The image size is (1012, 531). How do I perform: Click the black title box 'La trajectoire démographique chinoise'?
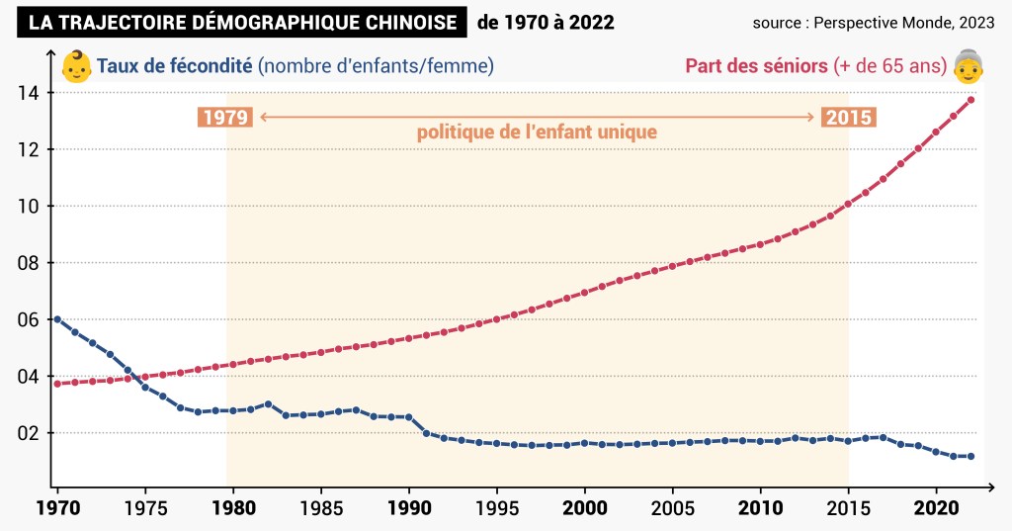[x=242, y=22]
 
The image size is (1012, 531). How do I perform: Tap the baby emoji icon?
[x=75, y=66]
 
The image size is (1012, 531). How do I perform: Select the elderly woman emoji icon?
[x=969, y=65]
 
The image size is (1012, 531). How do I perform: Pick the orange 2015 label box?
[x=849, y=118]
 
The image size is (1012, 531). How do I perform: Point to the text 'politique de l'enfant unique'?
[x=537, y=132]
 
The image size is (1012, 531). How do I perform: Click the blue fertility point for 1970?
[x=57, y=319]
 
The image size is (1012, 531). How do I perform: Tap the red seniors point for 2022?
[x=971, y=100]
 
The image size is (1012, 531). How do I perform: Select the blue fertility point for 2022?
[x=971, y=457]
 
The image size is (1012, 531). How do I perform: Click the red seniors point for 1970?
[x=57, y=384]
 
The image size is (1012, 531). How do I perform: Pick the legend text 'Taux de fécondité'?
[x=175, y=66]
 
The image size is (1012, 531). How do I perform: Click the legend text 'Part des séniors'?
[x=756, y=66]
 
